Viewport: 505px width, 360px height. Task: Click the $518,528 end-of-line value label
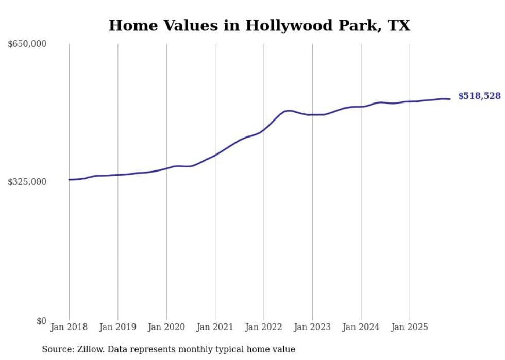coord(479,96)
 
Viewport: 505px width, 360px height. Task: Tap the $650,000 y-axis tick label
coord(27,44)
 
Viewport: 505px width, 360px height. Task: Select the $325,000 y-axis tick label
coord(27,182)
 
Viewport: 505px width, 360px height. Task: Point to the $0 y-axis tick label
coord(41,321)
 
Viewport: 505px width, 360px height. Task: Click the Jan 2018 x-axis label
coord(69,327)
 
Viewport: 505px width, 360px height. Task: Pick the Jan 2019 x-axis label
coord(117,327)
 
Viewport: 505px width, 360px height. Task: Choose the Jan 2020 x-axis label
coord(166,327)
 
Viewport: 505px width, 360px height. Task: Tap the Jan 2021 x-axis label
coord(215,327)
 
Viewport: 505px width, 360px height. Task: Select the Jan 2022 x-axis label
coord(264,327)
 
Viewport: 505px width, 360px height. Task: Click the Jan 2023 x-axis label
coord(312,327)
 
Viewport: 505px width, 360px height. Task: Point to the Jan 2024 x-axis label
coord(361,327)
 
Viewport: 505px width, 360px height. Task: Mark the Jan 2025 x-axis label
coord(410,327)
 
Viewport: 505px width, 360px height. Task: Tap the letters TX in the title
coord(399,25)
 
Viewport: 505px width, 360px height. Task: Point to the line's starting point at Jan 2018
coord(69,180)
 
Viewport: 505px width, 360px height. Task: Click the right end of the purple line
coord(450,99)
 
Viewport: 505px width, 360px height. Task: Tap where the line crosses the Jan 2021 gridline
coord(215,155)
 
